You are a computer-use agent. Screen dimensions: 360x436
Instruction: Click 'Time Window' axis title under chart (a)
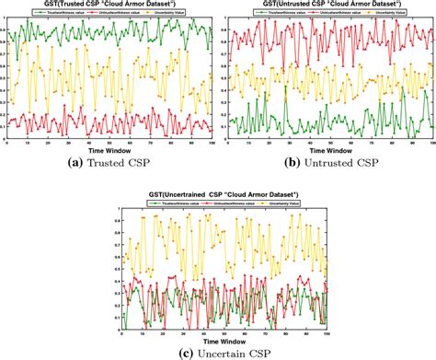pyautogui.click(x=109, y=149)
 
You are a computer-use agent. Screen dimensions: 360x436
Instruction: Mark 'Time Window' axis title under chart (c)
pyautogui.click(x=222, y=338)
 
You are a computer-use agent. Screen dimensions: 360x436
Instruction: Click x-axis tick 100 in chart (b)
pyautogui.click(x=432, y=142)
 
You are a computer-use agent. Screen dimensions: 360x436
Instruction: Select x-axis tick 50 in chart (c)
pyautogui.click(x=224, y=331)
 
